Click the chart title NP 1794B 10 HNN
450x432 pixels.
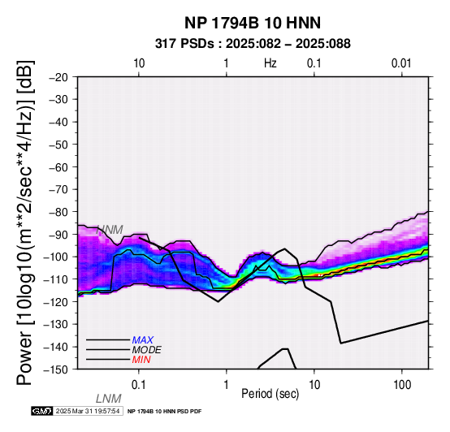click(253, 23)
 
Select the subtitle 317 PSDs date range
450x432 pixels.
click(253, 44)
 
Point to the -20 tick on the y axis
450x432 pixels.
click(58, 77)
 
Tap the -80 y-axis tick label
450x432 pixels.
click(58, 212)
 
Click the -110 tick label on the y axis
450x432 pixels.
click(56, 279)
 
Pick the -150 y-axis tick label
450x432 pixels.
click(56, 369)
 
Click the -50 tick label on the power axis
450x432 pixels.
click(58, 145)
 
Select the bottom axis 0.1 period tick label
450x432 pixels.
click(139, 385)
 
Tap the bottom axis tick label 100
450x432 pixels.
click(402, 385)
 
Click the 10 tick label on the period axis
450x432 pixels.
click(314, 385)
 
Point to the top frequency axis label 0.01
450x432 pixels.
click(401, 63)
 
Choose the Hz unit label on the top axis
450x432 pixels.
click(270, 63)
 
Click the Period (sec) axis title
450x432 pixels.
click(270, 394)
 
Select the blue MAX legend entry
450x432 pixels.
click(143, 340)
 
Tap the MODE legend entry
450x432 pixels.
click(147, 350)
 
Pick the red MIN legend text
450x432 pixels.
click(141, 360)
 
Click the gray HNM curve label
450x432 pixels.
click(110, 230)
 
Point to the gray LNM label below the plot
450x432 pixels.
click(109, 399)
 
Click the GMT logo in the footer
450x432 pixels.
click(42, 411)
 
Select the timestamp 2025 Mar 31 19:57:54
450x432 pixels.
click(88, 411)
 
